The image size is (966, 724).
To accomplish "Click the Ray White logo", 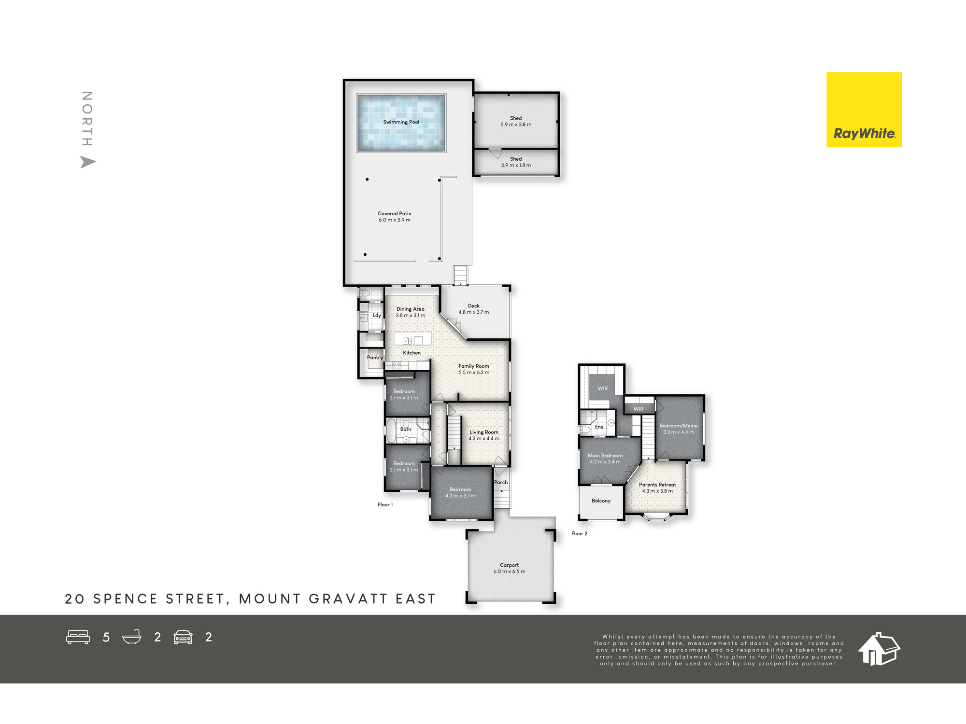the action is click(x=864, y=110).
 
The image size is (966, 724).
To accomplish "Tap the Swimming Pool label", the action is click(x=401, y=122).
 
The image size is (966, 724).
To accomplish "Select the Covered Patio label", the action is click(x=395, y=213).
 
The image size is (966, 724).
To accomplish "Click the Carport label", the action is click(x=509, y=565).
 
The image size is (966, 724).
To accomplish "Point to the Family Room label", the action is click(x=474, y=366).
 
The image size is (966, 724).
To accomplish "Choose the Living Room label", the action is click(x=484, y=432).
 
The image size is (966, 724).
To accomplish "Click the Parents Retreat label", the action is click(x=657, y=485).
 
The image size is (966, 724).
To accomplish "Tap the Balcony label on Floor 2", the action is click(x=601, y=501).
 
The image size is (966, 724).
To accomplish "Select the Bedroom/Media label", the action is click(x=679, y=426).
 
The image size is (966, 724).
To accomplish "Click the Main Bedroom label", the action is click(x=605, y=456).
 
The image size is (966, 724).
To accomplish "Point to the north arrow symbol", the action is click(x=88, y=162).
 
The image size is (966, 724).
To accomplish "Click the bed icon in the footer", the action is click(x=78, y=637).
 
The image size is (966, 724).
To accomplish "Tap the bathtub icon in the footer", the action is click(x=132, y=637).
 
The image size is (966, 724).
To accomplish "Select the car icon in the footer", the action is click(x=183, y=637).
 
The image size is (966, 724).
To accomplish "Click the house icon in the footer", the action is click(x=879, y=649).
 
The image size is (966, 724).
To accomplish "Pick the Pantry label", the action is click(x=375, y=358).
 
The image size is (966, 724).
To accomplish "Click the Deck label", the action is click(x=474, y=306).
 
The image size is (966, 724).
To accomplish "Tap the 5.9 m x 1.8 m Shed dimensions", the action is click(x=516, y=166).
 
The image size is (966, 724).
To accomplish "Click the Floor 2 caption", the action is click(x=580, y=534).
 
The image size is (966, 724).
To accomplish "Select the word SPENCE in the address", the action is click(x=126, y=599).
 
